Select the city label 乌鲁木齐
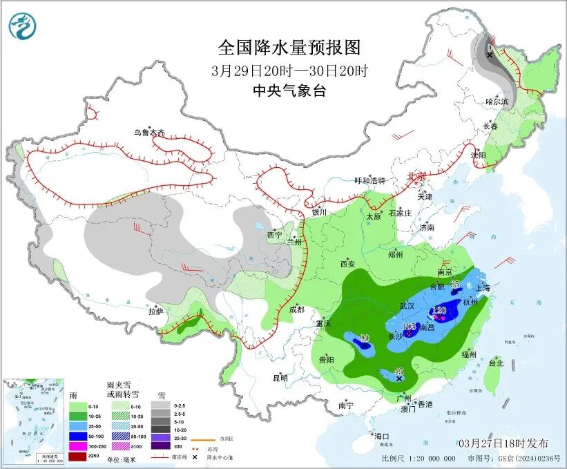point(149,133)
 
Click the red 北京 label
point(416,177)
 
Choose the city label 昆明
point(280,378)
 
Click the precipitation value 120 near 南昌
point(439,310)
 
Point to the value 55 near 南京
point(454,284)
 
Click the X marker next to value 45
point(398,378)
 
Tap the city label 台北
point(496,363)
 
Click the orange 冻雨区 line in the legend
point(201,438)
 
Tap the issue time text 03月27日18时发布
point(503,443)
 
